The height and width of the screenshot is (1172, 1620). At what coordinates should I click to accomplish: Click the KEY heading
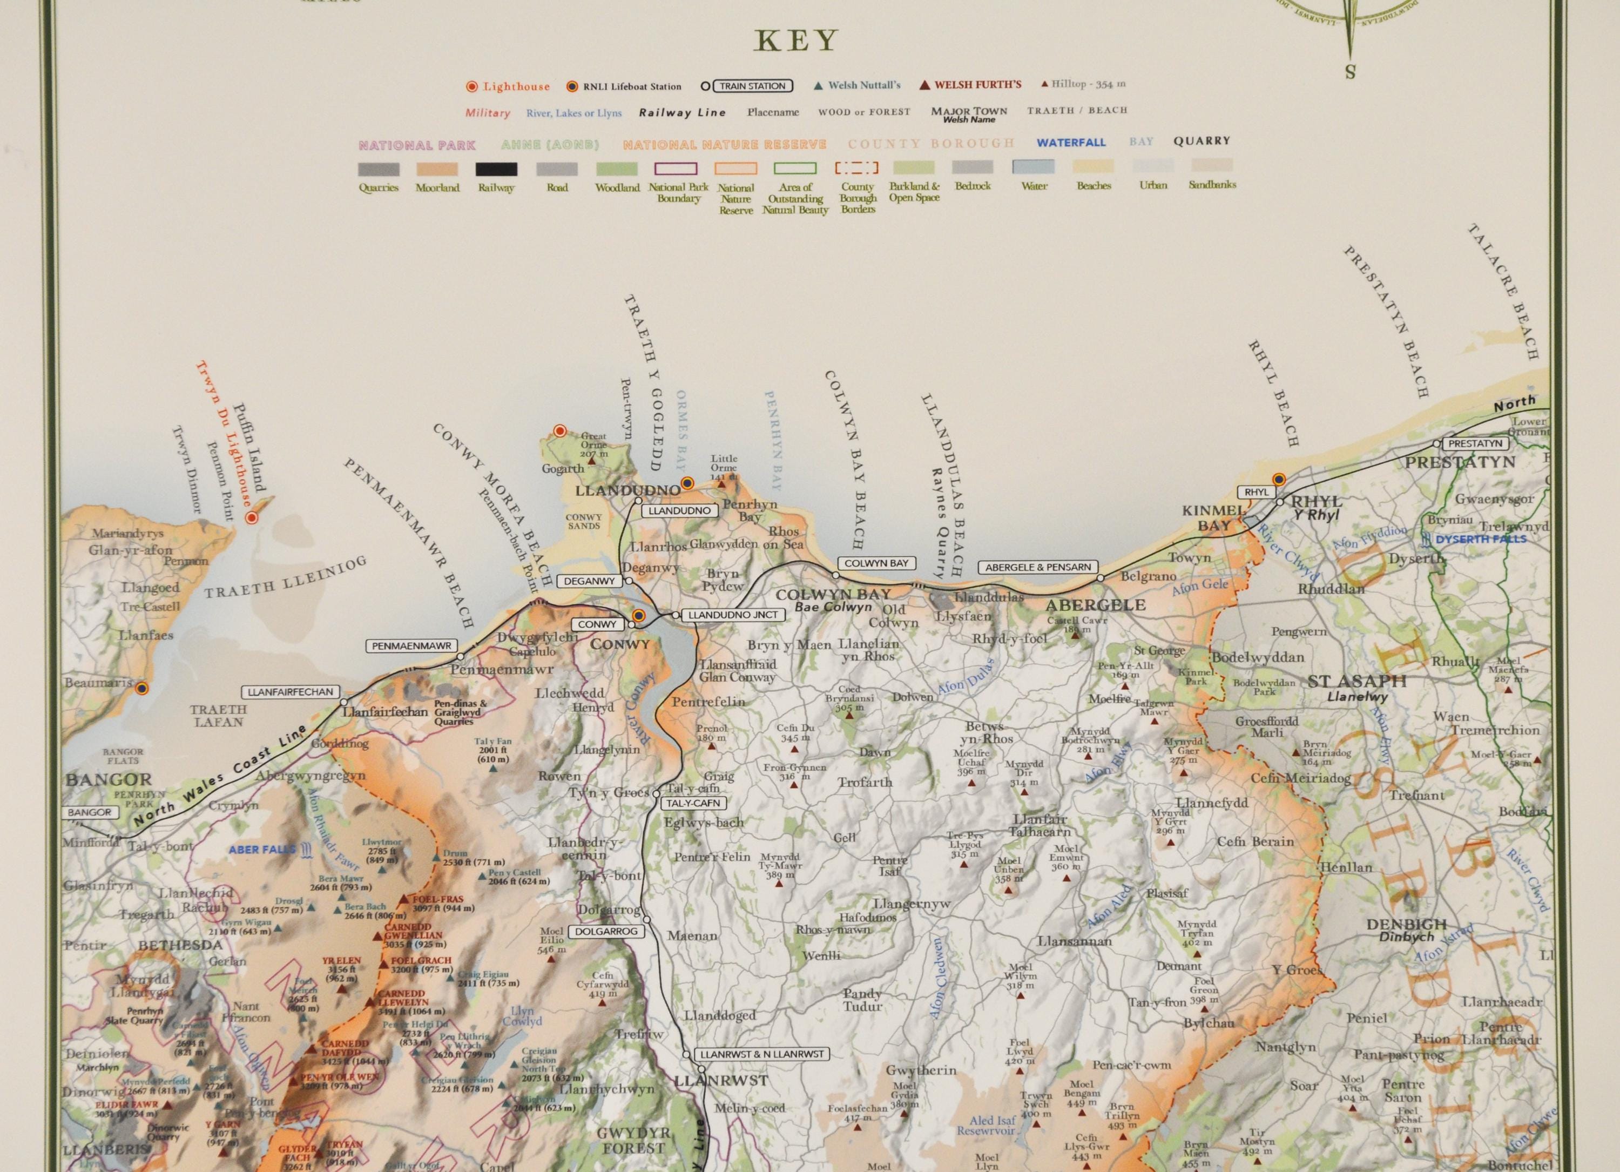tap(796, 42)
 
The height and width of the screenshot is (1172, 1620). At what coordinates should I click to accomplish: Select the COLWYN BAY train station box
tap(876, 563)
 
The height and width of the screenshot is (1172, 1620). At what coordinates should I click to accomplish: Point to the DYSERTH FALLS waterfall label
tap(1481, 539)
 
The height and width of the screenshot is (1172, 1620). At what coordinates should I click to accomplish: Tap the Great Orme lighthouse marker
tap(560, 430)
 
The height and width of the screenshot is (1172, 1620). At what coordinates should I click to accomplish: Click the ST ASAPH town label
tap(1356, 682)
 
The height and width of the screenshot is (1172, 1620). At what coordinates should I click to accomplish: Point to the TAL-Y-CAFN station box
tap(693, 803)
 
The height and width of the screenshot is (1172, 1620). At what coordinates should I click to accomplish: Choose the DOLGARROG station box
tap(604, 931)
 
